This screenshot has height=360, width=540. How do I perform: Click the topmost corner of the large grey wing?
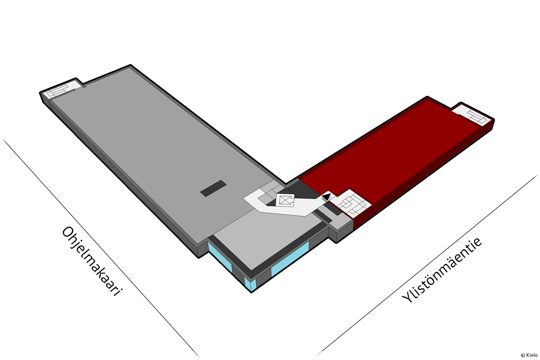[x=131, y=65]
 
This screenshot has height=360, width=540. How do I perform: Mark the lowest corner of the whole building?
[x=251, y=292]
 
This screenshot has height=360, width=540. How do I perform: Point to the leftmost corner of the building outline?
[x=40, y=93]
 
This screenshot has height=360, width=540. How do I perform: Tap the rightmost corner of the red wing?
[x=494, y=119]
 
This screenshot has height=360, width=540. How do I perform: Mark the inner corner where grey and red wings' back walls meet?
[x=286, y=184]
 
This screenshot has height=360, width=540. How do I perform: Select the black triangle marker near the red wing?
[x=326, y=197]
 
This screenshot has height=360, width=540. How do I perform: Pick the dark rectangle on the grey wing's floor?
[x=213, y=188]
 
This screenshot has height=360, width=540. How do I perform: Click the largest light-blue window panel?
[x=290, y=258]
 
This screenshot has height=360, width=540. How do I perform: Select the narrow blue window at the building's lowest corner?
[x=250, y=284]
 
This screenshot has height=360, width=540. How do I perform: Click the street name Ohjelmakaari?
[x=91, y=261]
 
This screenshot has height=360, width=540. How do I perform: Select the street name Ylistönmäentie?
[x=442, y=270]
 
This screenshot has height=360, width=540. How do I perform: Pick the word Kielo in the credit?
[x=532, y=355]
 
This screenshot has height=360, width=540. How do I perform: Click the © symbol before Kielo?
[x=523, y=355]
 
